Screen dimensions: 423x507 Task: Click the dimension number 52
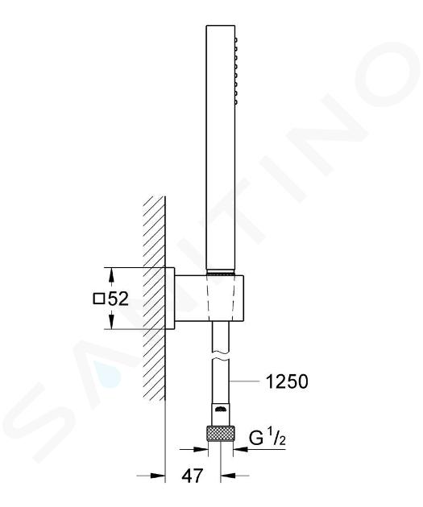tap(118, 299)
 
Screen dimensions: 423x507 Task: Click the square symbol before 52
tap(99, 299)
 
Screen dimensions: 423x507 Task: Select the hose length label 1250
tap(287, 381)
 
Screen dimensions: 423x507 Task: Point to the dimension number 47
tap(193, 476)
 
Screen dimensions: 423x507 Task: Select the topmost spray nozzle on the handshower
tap(236, 40)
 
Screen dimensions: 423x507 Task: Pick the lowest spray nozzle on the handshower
tap(236, 102)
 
